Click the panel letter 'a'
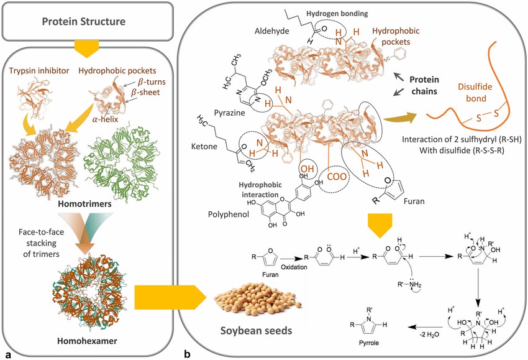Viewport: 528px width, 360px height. point(7,354)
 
